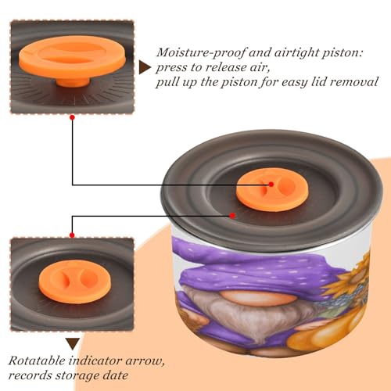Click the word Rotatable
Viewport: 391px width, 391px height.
pyautogui.click(x=37, y=361)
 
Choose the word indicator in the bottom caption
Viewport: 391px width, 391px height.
pyautogui.click(x=95, y=361)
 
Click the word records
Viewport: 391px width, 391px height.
pyautogui.click(x=30, y=375)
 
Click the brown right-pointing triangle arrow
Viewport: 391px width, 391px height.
pyautogui.click(x=144, y=67)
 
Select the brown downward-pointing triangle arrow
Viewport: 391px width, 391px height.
pyautogui.click(x=73, y=343)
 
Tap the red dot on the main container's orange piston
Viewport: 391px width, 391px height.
pyautogui.click(x=271, y=185)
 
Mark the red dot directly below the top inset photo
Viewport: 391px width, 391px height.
pyautogui.click(x=73, y=117)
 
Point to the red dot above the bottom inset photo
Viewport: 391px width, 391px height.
pyautogui.click(x=72, y=235)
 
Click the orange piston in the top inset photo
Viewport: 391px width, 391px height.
pyautogui.click(x=73, y=60)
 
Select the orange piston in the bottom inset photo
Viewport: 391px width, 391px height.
pyautogui.click(x=74, y=282)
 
